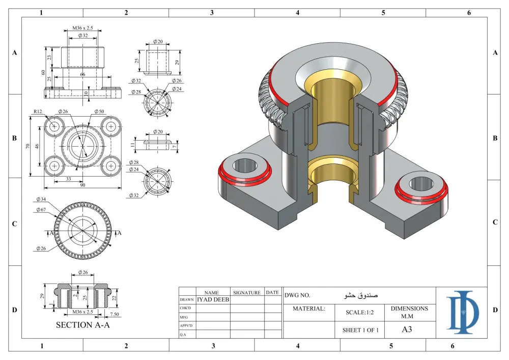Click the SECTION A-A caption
pyautogui.click(x=82, y=325)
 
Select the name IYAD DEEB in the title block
pyautogui.click(x=213, y=299)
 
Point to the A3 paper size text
pyautogui.click(x=407, y=329)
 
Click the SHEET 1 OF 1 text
pyautogui.click(x=360, y=330)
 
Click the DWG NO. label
pyautogui.click(x=298, y=295)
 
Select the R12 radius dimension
pyautogui.click(x=38, y=111)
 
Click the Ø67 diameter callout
pyautogui.click(x=42, y=209)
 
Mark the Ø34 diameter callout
pyautogui.click(x=42, y=199)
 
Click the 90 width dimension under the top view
pyautogui.click(x=82, y=185)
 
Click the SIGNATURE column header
pyautogui.click(x=247, y=293)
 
